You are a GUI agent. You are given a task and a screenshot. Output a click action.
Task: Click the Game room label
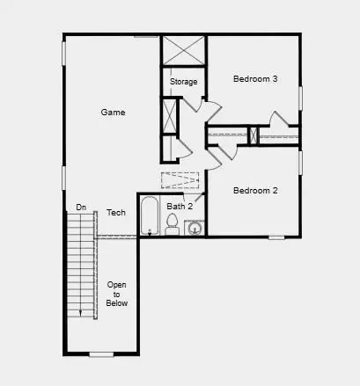(x=113, y=113)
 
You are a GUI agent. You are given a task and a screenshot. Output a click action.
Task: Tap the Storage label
(x=183, y=82)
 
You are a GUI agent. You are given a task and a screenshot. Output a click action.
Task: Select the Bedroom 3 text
(x=255, y=79)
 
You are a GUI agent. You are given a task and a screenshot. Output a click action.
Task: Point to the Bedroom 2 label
(x=255, y=190)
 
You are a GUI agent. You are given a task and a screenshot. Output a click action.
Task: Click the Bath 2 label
(x=179, y=207)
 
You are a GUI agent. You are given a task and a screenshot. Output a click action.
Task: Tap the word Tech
(x=116, y=213)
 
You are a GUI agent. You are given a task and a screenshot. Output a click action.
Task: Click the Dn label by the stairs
(x=81, y=208)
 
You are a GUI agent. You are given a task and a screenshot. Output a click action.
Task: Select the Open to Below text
(x=117, y=294)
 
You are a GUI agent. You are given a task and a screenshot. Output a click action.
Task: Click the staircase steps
(x=81, y=264)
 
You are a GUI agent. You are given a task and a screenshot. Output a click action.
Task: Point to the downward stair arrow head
(x=81, y=312)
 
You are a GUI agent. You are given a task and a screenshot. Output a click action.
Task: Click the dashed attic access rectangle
(x=181, y=179)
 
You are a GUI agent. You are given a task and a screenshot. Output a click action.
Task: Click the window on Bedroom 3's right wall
(x=300, y=98)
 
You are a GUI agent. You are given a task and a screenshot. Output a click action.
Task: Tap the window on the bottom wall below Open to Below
(x=101, y=353)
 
